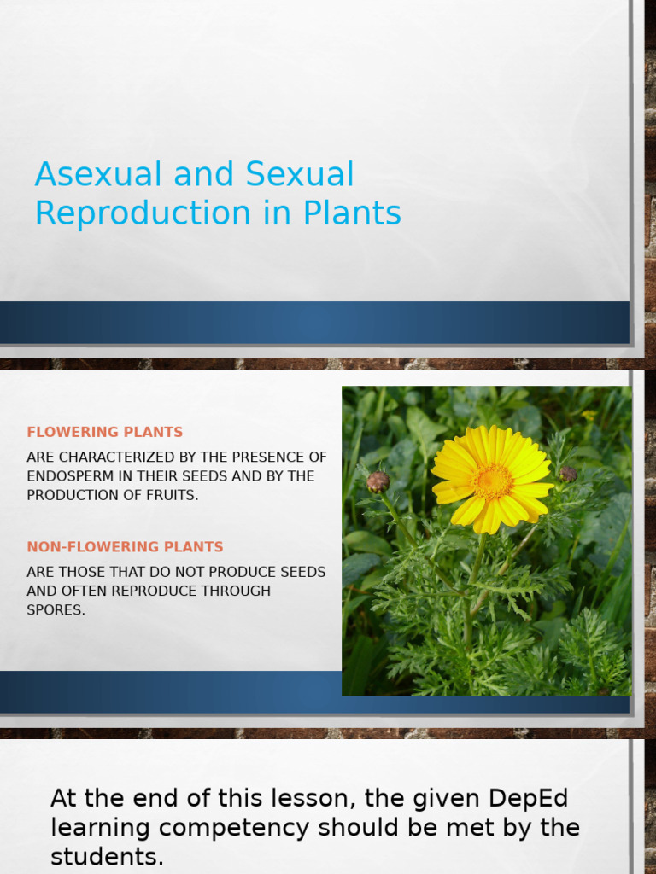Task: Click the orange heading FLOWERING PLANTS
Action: pyautogui.click(x=105, y=432)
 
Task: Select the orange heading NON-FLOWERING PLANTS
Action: pyautogui.click(x=125, y=546)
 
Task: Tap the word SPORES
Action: pyautogui.click(x=56, y=610)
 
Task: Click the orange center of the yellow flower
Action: pyautogui.click(x=492, y=481)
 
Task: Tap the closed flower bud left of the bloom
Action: pyautogui.click(x=378, y=481)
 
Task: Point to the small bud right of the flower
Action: pyautogui.click(x=567, y=474)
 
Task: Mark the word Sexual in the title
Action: pyautogui.click(x=300, y=175)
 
